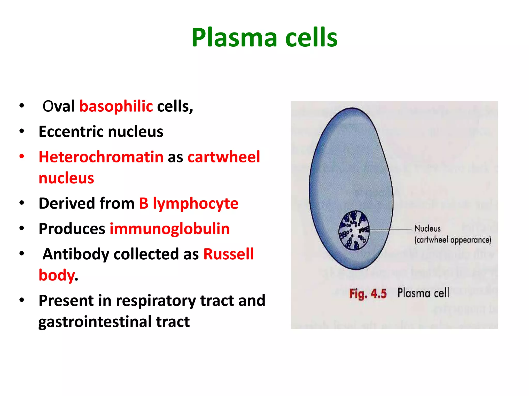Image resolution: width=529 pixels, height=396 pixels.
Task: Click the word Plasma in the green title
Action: point(234,38)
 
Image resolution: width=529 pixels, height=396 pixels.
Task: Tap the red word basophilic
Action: point(116,106)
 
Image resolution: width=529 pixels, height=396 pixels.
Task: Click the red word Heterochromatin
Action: point(101,157)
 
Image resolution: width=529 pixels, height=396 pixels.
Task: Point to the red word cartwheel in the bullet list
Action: point(224,157)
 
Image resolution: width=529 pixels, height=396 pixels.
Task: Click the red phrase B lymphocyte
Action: point(189,203)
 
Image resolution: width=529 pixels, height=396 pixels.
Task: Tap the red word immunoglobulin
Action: point(169,229)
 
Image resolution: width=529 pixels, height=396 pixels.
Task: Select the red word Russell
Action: point(228,254)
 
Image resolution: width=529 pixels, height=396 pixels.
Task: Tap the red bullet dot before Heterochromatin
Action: point(22,156)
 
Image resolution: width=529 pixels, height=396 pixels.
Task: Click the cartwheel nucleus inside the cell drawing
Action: point(354,230)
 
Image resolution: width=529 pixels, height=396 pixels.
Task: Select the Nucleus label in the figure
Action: point(427,228)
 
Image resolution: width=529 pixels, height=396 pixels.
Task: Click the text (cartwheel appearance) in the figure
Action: point(453,240)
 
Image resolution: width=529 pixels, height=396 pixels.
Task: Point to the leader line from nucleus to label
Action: point(390,229)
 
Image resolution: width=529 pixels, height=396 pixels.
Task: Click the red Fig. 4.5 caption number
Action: point(368,294)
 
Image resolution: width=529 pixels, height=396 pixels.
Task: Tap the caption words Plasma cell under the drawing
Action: point(423,293)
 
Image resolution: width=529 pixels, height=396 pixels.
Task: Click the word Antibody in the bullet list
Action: point(76,254)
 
